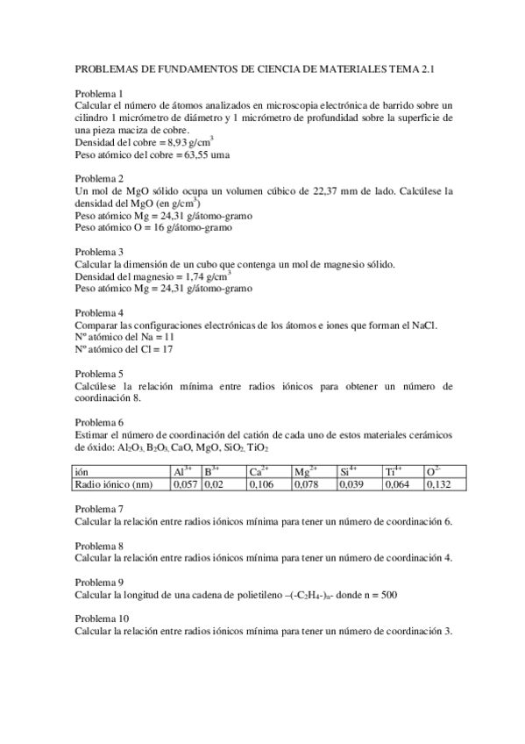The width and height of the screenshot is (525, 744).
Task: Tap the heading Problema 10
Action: [102, 619]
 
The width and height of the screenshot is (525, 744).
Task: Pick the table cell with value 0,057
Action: [186, 483]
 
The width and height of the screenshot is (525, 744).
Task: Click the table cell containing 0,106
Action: [261, 483]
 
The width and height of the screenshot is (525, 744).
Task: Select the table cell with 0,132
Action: [438, 483]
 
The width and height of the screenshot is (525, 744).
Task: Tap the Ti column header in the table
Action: [392, 471]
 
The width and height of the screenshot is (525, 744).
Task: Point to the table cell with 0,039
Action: [352, 483]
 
